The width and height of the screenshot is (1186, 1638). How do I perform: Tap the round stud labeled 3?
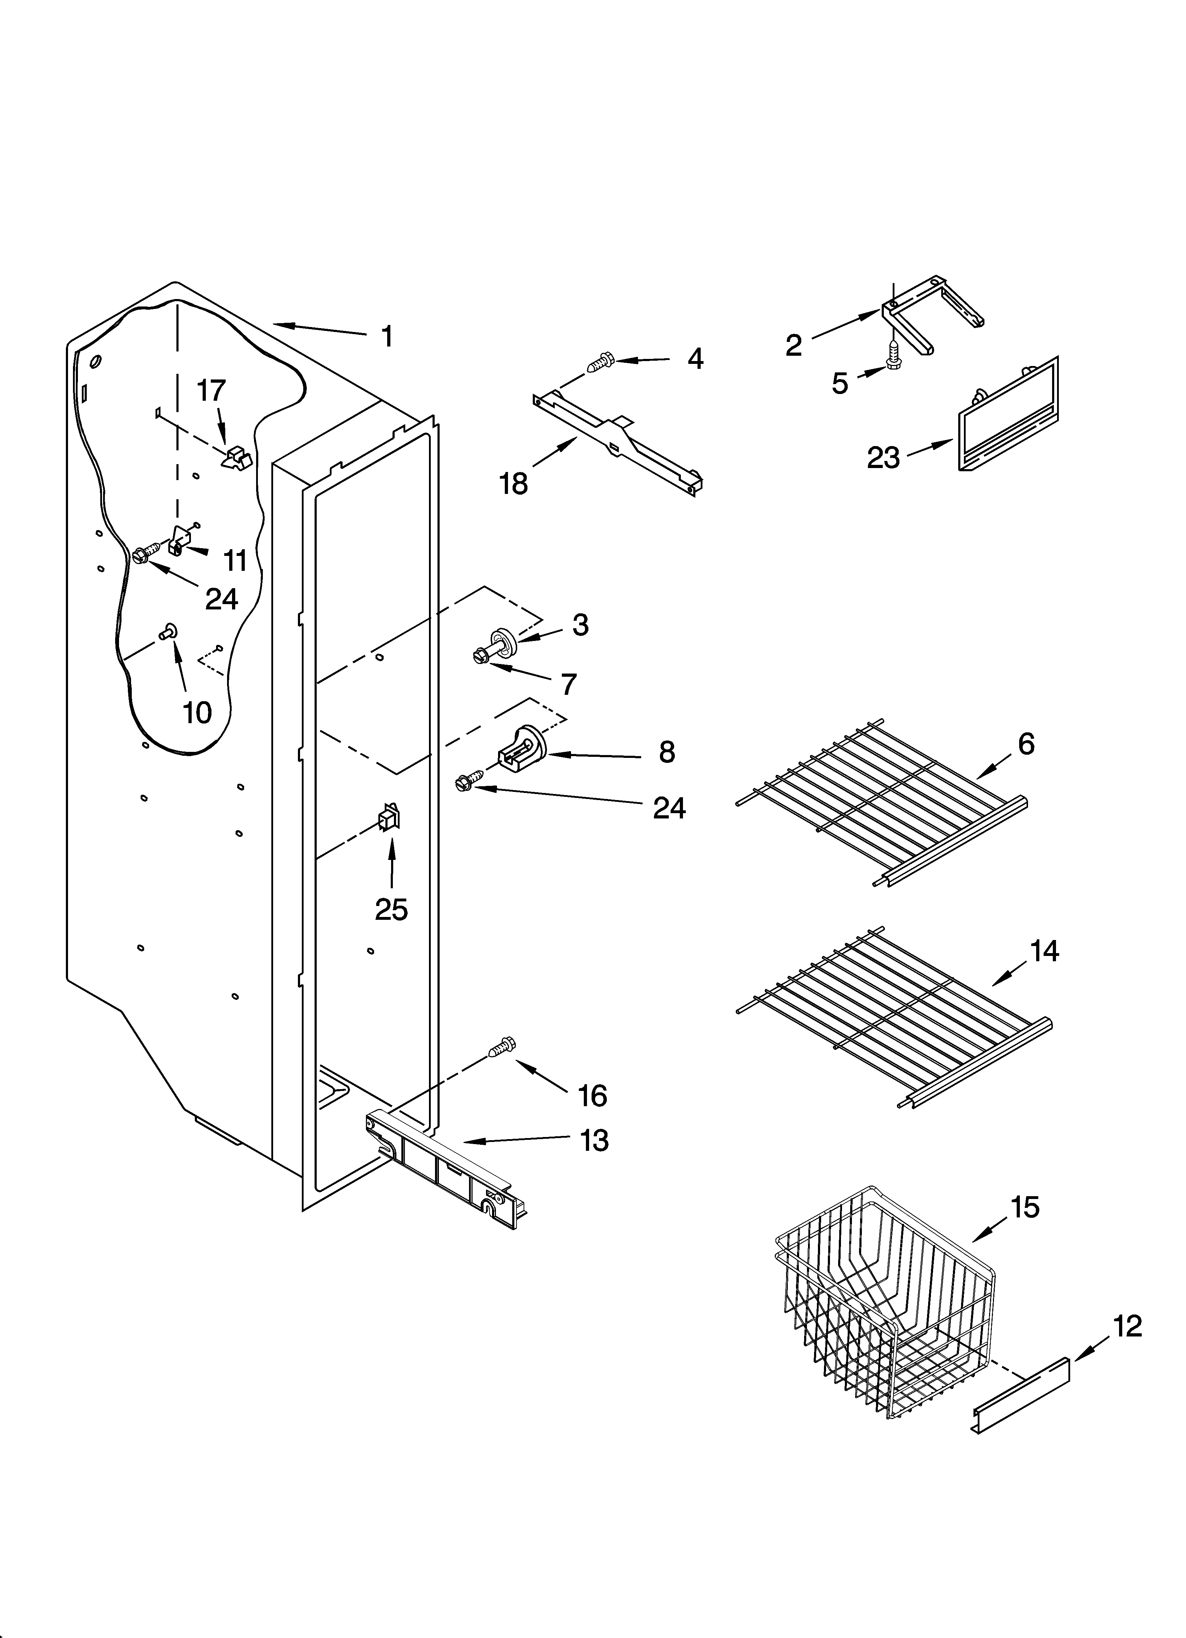click(501, 640)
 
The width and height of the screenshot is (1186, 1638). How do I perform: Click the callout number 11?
click(235, 560)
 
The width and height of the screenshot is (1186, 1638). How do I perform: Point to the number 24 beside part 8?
click(669, 808)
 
